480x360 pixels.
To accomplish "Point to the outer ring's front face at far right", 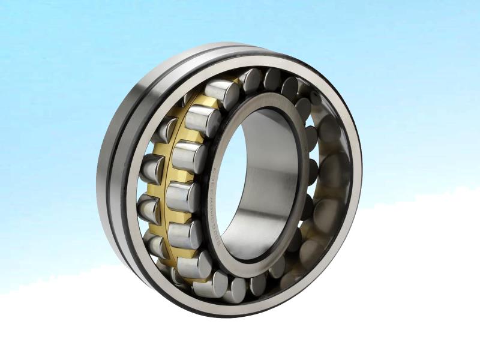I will tap(357, 174).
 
